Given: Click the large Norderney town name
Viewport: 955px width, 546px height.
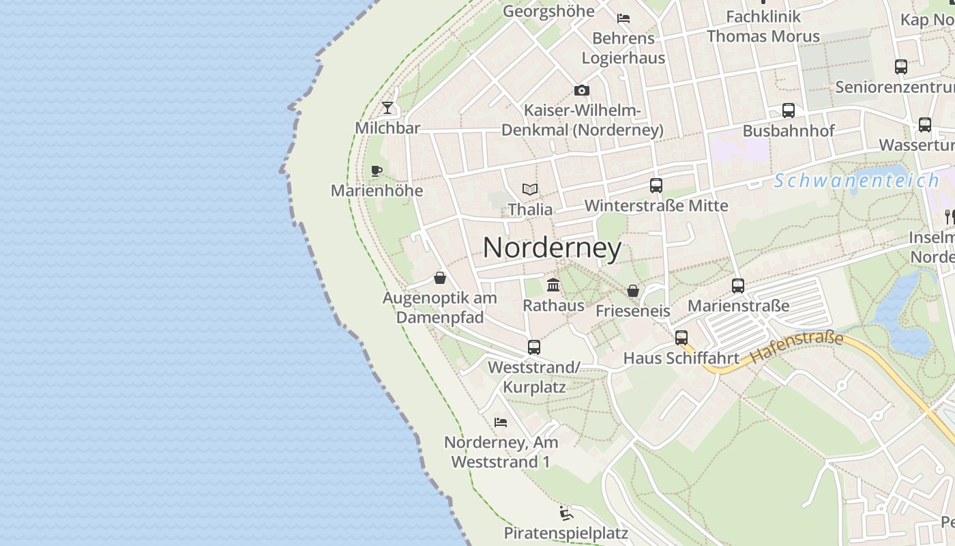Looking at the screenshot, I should click(552, 248).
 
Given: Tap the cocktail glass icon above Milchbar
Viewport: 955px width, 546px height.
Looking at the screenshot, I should click(387, 107).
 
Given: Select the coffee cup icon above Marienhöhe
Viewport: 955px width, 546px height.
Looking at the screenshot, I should click(376, 171).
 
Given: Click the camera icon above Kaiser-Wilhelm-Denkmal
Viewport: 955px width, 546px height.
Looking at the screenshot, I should click(581, 90).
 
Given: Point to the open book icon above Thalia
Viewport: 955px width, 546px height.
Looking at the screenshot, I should click(530, 189).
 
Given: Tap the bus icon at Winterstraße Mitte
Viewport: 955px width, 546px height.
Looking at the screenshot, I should click(656, 185).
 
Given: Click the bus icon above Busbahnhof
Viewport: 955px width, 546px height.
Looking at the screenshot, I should click(789, 111).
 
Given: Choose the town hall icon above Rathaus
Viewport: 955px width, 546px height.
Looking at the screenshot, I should click(553, 285).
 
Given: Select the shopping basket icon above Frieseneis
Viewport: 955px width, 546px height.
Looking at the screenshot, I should click(633, 291).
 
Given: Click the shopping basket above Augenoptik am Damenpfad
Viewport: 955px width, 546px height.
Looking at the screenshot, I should click(440, 278).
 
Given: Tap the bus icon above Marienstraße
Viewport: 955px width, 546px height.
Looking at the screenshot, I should click(738, 285).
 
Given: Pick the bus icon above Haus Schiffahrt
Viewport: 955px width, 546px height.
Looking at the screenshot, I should click(681, 337).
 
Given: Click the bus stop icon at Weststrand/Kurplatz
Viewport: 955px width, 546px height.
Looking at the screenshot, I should click(534, 347).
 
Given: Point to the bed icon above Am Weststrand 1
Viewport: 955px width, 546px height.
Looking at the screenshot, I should click(501, 422).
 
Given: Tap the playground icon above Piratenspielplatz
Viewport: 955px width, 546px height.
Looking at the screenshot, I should click(565, 513).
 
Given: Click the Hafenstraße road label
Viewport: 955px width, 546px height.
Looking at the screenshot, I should click(797, 347).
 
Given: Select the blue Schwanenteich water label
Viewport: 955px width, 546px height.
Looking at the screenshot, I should click(856, 181).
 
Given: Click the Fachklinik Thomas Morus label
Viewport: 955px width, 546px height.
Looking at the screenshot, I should click(763, 26).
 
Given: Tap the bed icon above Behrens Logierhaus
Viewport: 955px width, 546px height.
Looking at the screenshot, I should click(623, 18).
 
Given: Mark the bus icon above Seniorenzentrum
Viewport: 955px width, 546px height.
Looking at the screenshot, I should click(901, 67).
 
